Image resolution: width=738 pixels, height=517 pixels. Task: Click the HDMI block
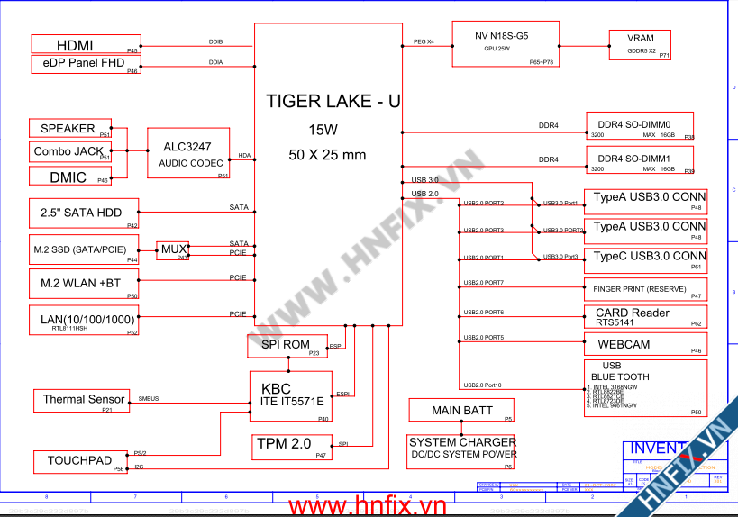[86, 44]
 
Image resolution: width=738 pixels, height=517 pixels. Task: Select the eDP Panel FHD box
[86, 64]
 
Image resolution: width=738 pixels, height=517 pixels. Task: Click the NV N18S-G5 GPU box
[505, 42]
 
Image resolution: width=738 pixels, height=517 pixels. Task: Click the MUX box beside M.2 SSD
[174, 250]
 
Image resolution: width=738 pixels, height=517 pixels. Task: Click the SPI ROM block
[286, 346]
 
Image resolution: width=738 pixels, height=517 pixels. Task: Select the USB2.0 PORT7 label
[483, 284]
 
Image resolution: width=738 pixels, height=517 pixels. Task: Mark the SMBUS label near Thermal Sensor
[149, 399]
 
